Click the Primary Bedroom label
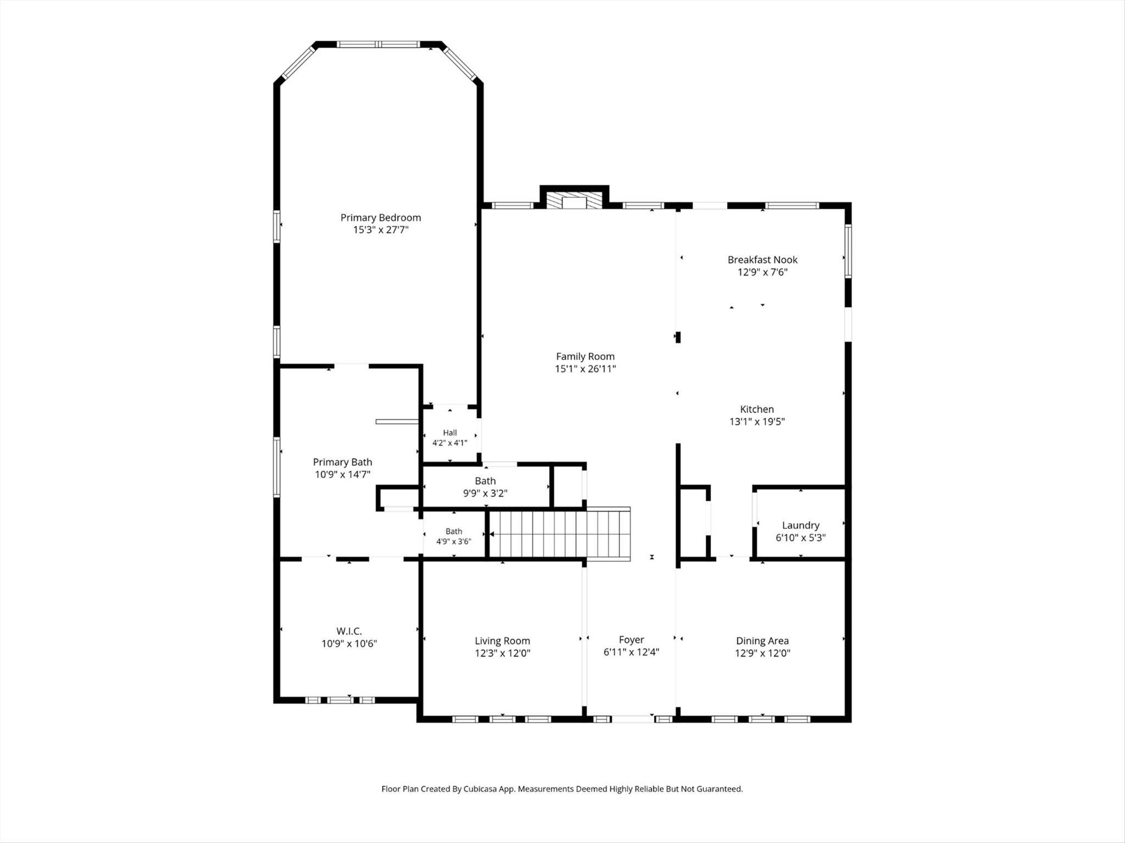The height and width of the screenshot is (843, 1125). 381,218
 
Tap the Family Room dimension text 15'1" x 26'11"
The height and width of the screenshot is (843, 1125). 585,369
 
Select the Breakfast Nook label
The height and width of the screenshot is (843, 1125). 762,260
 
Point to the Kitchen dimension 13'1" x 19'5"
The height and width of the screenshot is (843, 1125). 757,421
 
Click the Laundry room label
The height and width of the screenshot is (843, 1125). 800,525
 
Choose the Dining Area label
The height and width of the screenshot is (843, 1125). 762,640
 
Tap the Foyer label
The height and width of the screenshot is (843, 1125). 631,639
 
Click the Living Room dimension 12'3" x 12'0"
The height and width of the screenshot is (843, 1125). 503,653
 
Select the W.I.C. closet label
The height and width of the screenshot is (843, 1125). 349,631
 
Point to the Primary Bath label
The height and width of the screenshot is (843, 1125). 342,462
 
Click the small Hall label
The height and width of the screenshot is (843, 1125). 450,432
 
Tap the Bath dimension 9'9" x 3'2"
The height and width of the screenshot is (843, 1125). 485,493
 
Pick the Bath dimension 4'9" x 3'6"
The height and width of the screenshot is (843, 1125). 454,541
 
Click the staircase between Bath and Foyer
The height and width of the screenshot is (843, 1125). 559,533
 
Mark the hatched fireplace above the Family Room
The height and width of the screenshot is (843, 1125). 575,200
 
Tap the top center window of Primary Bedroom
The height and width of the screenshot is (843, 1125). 378,44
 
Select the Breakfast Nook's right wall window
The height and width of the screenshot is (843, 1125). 848,251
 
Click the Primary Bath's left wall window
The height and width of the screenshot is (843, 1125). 277,467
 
